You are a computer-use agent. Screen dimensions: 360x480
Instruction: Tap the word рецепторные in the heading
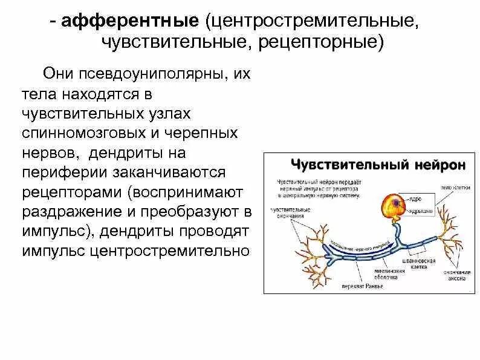coord(329,44)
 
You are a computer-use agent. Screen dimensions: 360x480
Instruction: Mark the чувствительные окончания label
coord(291,212)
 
